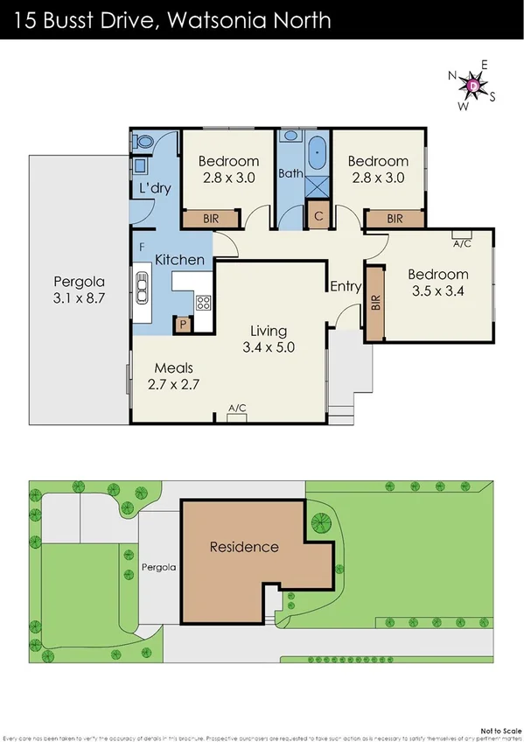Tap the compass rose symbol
pos(472,86)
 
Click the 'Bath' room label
pos(290,173)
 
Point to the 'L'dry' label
pos(154,189)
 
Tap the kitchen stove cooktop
pos(203,304)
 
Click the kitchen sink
pos(141,284)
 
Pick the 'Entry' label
pos(346,286)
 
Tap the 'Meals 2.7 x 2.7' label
pos(173,376)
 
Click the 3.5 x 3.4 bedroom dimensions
pos(438,292)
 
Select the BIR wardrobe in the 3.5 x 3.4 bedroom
pos(375,304)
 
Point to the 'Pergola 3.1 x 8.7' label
pos(79,290)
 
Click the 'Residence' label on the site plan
pos(244,548)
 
